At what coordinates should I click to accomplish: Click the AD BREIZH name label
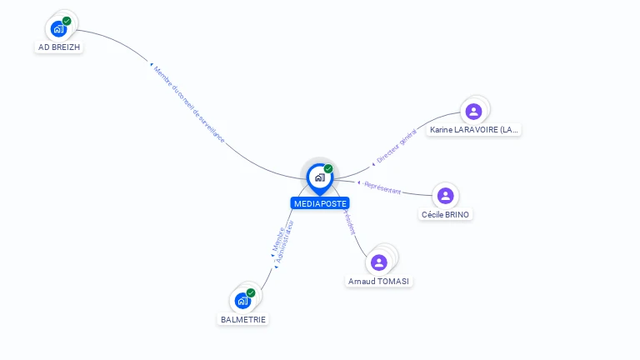tap(60, 47)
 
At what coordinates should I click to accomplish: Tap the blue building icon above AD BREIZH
tap(58, 29)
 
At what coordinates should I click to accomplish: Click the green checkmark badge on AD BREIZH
tap(67, 21)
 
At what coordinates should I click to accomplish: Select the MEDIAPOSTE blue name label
tap(320, 203)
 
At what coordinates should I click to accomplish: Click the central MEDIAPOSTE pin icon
tap(319, 177)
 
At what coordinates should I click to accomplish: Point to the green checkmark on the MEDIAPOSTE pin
tap(328, 168)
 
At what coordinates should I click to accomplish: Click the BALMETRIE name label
tap(244, 319)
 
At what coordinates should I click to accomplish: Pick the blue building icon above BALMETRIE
tap(242, 301)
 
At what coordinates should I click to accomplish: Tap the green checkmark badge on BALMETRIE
tap(251, 292)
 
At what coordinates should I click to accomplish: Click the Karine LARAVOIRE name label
tap(474, 130)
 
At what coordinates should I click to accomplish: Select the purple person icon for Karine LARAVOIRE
tap(473, 111)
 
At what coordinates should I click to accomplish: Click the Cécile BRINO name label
tap(446, 215)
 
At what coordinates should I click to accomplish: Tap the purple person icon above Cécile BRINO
tap(446, 196)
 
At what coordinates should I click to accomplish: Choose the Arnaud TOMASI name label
tap(379, 282)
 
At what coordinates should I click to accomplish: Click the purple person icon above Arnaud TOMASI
tap(379, 262)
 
